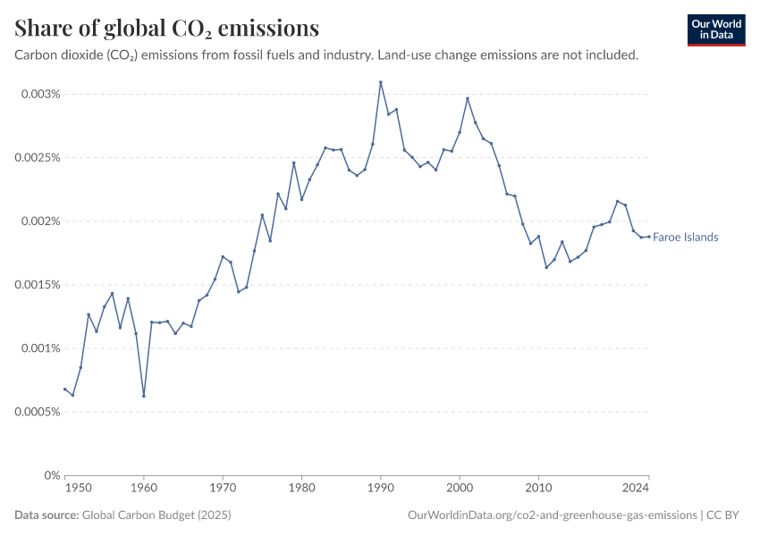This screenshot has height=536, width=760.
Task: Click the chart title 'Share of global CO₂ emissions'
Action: pos(167,29)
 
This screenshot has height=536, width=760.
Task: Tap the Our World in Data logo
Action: pos(715,29)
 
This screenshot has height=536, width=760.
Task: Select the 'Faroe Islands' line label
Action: pos(685,238)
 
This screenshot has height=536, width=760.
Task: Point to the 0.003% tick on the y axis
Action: pos(40,94)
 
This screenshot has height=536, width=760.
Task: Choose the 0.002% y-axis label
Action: pos(40,222)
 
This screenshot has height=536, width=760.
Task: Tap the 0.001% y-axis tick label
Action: pos(40,348)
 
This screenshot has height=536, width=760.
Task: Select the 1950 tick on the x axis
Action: pos(79,490)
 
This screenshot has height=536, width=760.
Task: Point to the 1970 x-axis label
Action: pos(223,490)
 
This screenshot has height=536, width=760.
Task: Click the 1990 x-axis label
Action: pos(380,490)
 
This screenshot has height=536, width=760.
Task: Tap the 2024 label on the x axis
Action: pos(636,490)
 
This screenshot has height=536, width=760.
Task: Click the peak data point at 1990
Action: pos(380,82)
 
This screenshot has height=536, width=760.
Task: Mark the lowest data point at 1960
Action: pos(143,396)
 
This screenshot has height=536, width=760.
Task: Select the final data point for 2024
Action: pos(648,237)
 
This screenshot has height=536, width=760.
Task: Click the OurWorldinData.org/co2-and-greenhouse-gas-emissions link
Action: pos(552,515)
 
